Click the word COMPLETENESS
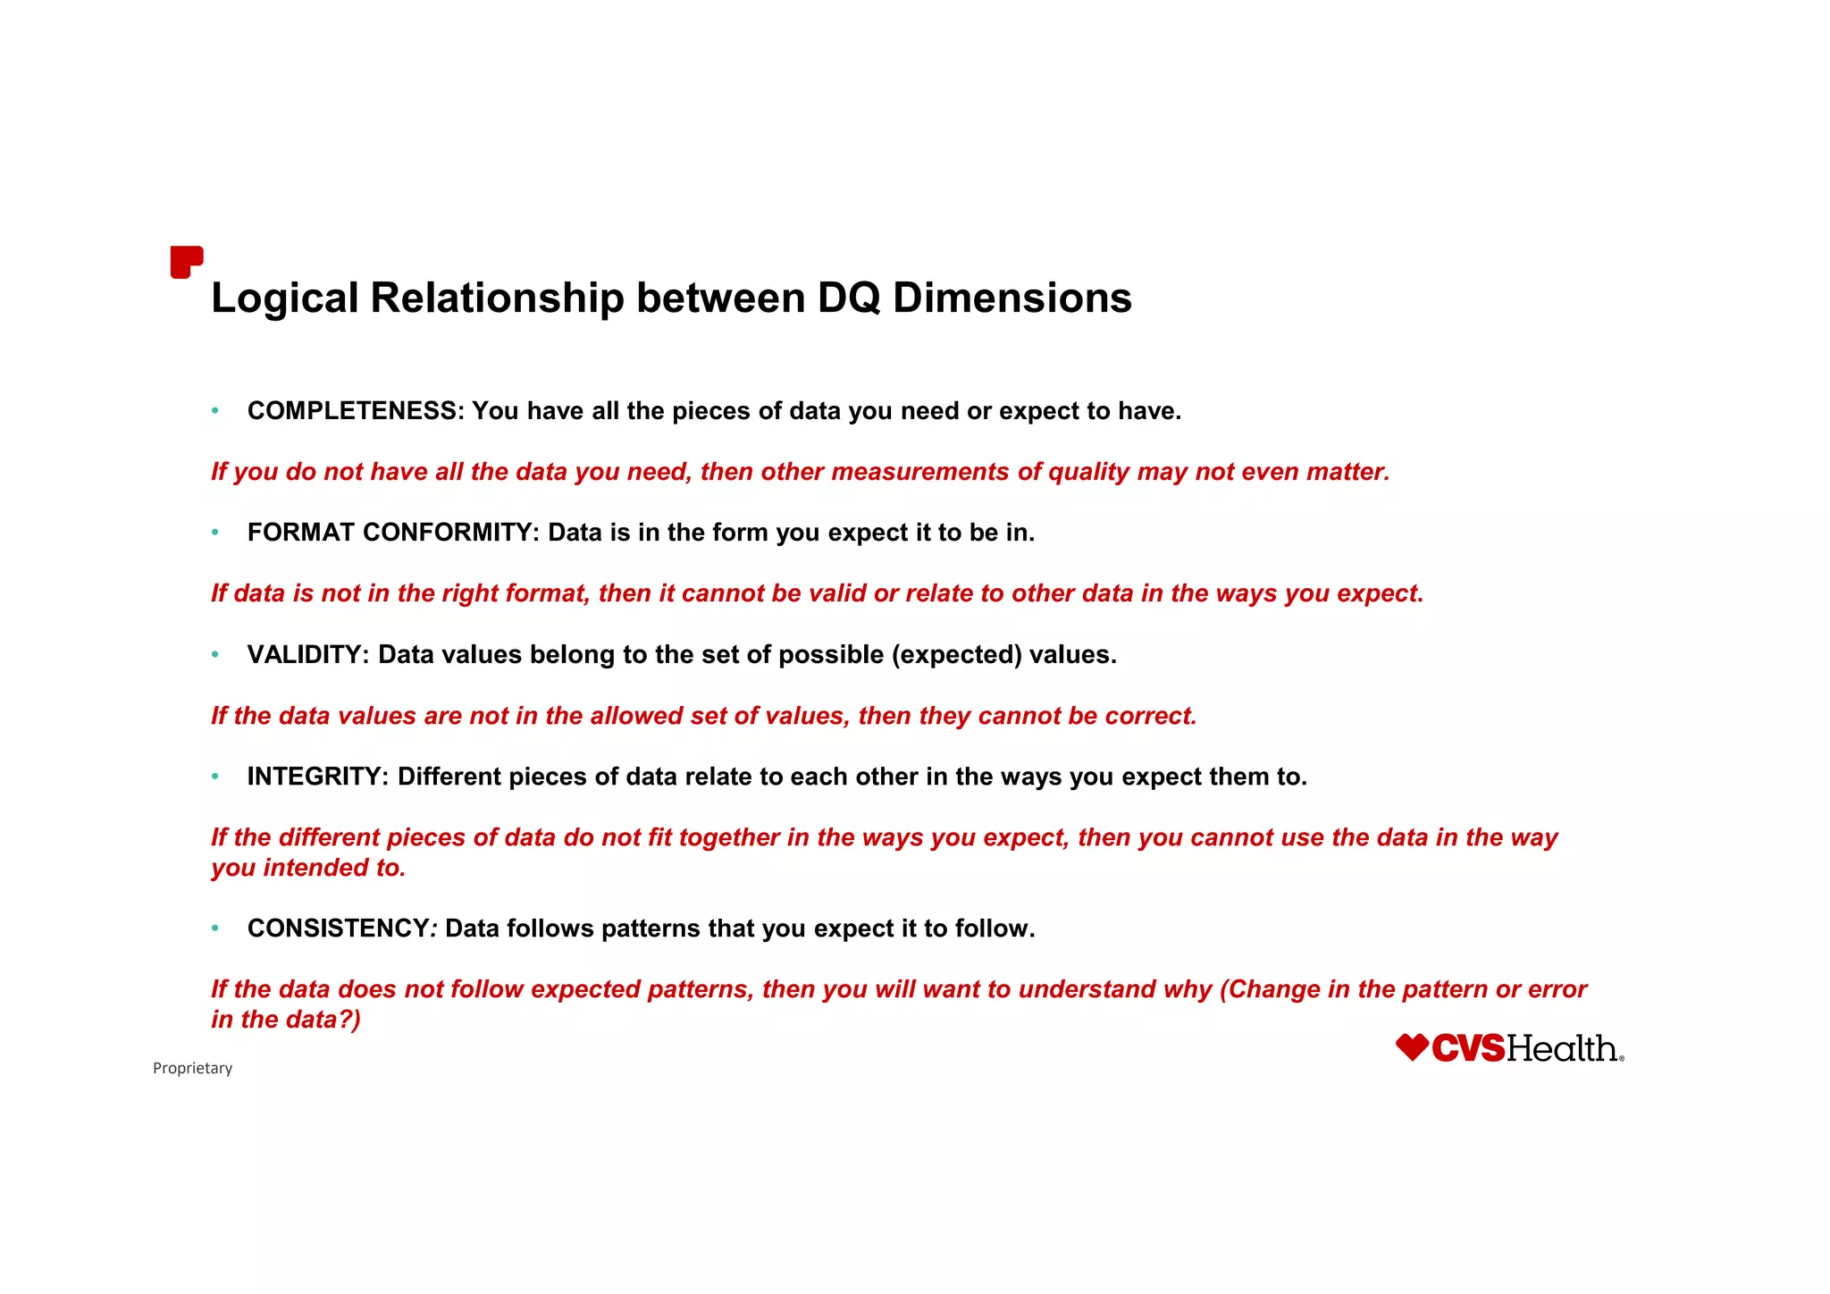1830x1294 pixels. (354, 411)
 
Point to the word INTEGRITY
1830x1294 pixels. (316, 777)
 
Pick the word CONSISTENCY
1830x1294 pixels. (339, 928)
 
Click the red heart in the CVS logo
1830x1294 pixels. (1413, 1047)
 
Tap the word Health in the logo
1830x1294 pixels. (1563, 1048)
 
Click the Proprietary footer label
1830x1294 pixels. (192, 1068)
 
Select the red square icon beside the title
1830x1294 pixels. (186, 262)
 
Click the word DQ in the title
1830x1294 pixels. (848, 298)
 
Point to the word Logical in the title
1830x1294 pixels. (285, 298)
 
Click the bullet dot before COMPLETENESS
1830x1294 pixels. (215, 411)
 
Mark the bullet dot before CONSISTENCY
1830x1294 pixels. (215, 928)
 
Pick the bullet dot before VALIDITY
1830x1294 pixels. (215, 655)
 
